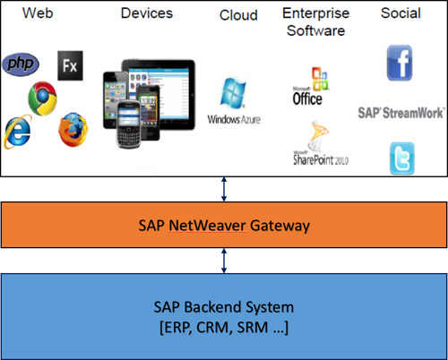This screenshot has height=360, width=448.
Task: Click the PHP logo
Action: pos(22,64)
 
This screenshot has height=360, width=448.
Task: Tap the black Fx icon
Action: pos(69,64)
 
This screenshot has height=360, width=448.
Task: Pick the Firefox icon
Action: pos(73,130)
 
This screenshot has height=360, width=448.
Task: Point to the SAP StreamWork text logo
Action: pos(399,114)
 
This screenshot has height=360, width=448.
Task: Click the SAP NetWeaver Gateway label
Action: pos(224,225)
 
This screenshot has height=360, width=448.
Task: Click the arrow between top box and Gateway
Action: pos(224,190)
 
